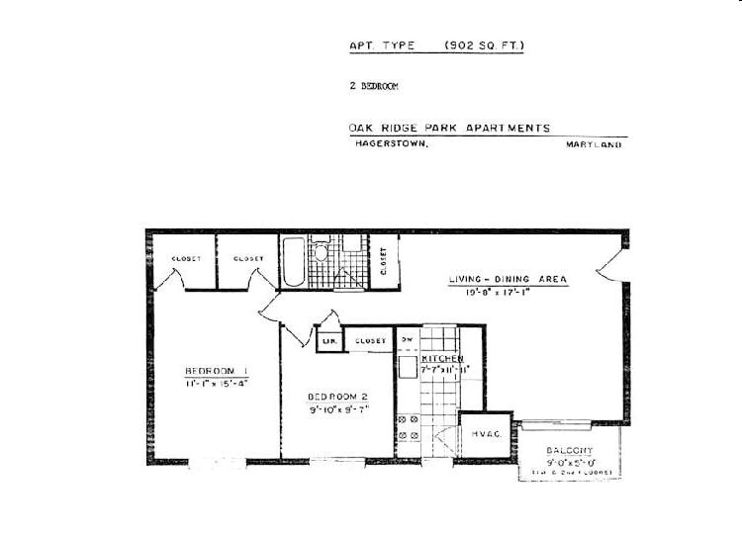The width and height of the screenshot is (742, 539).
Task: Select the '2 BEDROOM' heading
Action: (x=373, y=86)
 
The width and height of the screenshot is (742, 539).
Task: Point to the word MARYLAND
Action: (x=594, y=144)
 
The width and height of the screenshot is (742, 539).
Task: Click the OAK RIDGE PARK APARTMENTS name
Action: (x=449, y=128)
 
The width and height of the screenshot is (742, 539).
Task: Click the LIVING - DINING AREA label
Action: (x=508, y=280)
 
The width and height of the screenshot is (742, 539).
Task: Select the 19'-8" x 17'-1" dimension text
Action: (x=508, y=293)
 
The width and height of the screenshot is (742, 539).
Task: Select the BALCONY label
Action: (x=570, y=451)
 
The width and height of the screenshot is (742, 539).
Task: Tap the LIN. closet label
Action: (x=328, y=341)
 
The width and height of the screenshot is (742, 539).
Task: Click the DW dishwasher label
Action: (x=407, y=340)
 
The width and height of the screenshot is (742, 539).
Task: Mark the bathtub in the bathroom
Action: (x=293, y=262)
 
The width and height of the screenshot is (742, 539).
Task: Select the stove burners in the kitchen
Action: (x=409, y=427)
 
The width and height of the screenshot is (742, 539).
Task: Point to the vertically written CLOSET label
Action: (x=384, y=262)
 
